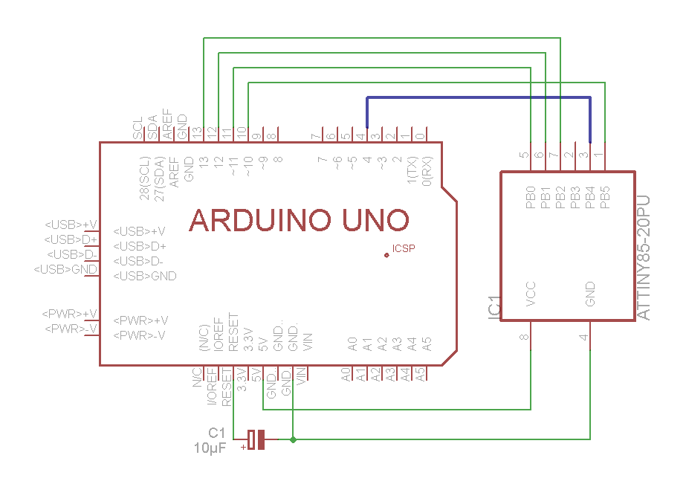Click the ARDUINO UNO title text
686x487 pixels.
point(300,220)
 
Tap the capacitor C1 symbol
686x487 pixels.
point(256,439)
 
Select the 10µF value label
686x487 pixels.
point(210,448)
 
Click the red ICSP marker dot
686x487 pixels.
point(386,255)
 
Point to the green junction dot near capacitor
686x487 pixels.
point(294,439)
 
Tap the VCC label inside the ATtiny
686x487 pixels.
point(531,294)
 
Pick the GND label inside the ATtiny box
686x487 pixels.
point(590,294)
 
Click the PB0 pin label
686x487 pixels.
point(531,197)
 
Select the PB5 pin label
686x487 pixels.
point(605,197)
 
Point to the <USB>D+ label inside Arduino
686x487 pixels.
point(139,246)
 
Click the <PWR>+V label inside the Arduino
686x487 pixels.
point(140,320)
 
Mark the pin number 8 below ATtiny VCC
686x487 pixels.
point(525,338)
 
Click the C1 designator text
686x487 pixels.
point(216,433)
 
